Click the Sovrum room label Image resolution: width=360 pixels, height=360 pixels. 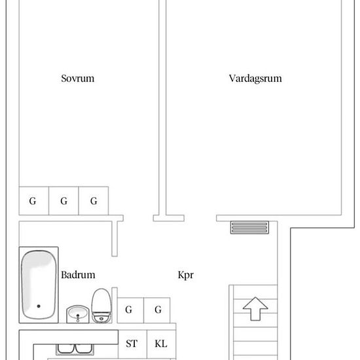tap(77, 79)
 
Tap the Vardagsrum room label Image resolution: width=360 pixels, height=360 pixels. tap(255, 79)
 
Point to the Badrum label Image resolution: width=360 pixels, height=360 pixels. tap(79, 276)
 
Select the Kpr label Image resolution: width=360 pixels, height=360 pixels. tap(186, 276)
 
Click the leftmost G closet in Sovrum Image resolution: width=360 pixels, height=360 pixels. tap(33, 201)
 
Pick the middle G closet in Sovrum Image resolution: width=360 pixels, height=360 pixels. tap(63, 201)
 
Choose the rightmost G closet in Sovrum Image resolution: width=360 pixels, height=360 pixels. tap(94, 201)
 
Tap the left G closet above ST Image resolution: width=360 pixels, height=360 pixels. tap(130, 310)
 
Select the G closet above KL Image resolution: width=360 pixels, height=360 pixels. tap(158, 310)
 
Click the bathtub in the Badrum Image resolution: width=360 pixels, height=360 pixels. tap(38, 285)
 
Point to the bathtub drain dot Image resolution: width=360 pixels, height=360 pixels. tap(39, 306)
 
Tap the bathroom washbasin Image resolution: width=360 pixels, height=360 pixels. tap(79, 315)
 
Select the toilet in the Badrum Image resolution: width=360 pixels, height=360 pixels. tap(101, 306)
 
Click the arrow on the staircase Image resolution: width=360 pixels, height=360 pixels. tap(255, 308)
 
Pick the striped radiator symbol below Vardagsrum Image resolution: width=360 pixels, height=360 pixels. tap(249, 227)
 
